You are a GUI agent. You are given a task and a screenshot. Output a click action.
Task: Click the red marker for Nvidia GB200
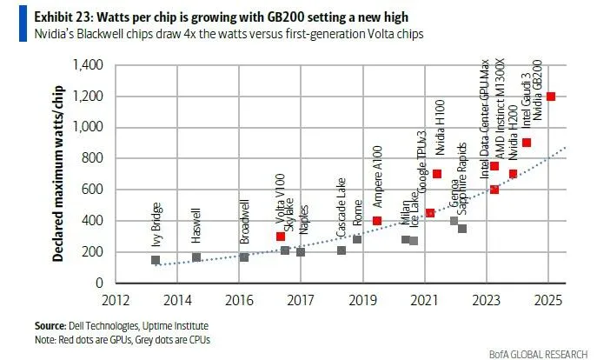(551, 97)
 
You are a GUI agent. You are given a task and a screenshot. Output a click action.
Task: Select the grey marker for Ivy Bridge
(156, 260)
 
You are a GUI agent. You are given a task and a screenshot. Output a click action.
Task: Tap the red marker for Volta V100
(281, 237)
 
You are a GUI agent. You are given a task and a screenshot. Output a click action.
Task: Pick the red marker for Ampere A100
(377, 221)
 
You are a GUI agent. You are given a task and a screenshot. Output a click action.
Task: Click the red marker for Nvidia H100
(437, 174)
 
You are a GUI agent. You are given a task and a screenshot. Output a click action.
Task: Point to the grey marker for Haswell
(196, 257)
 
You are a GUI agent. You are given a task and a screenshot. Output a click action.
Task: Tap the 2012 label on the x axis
(117, 300)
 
